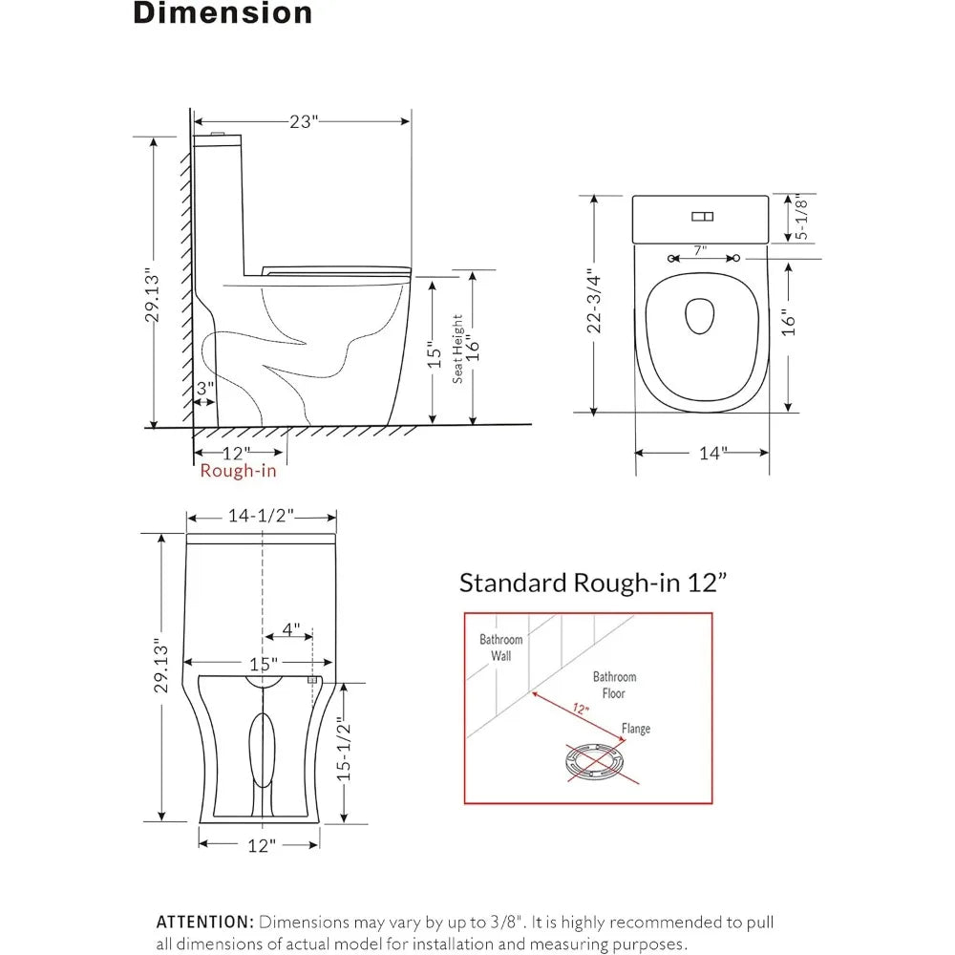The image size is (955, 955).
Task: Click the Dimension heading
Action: click(223, 12)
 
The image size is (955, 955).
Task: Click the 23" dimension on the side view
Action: click(304, 122)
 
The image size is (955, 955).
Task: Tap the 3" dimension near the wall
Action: click(205, 388)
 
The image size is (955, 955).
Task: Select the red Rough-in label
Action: click(238, 471)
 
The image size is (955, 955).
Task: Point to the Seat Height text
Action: click(457, 349)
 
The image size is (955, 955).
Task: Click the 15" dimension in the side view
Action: click(434, 355)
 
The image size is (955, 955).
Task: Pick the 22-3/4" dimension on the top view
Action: click(594, 301)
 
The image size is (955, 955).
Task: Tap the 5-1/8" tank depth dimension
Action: click(801, 218)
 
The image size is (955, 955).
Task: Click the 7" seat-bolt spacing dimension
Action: click(700, 250)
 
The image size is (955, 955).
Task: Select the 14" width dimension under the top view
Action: click(712, 453)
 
